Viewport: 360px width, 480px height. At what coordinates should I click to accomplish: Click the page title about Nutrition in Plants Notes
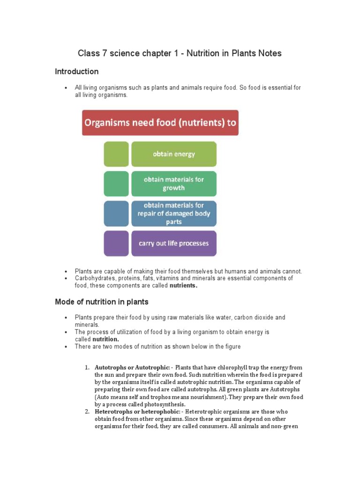[x=180, y=53]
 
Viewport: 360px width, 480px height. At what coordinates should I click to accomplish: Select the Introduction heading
[x=76, y=72]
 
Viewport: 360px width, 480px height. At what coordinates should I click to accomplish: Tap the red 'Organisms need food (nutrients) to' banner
[x=160, y=123]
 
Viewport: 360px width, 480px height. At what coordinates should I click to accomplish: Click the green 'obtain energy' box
[x=173, y=154]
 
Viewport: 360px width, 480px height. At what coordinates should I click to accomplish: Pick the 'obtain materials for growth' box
[x=173, y=184]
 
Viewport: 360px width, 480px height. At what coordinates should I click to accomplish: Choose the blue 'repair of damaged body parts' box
[x=173, y=213]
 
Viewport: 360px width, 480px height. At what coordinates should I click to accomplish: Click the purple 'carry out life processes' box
[x=173, y=243]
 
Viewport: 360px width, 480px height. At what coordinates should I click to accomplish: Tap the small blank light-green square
[x=116, y=154]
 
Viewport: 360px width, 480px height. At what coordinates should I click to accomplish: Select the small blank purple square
[x=116, y=243]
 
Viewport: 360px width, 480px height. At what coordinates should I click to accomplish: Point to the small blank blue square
[x=116, y=213]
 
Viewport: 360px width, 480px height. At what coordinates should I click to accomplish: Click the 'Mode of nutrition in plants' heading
[x=102, y=302]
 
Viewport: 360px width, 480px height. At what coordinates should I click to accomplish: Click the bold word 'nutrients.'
[x=183, y=285]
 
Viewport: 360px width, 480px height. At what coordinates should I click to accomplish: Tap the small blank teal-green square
[x=116, y=184]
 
